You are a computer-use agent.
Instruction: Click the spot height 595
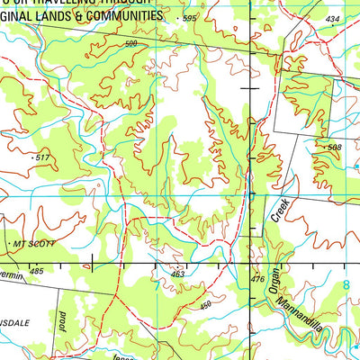[189, 19]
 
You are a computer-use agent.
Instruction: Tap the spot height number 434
[333, 19]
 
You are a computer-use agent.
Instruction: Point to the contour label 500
[132, 43]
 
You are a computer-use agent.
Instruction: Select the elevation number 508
[335, 148]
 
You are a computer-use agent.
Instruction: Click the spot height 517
[40, 157]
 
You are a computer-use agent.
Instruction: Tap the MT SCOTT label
[35, 244]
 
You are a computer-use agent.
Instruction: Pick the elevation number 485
[35, 270]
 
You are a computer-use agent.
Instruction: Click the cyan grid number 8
[345, 285]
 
